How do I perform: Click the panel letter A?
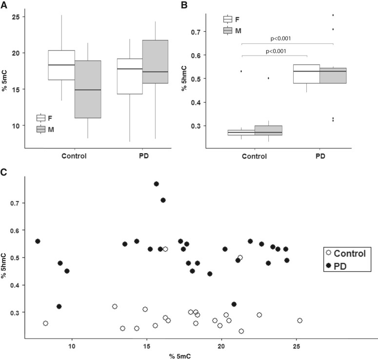click(4, 5)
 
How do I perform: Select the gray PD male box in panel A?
click(155, 61)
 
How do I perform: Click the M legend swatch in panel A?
click(41, 129)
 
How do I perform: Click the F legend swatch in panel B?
click(228, 20)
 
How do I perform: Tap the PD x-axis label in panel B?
click(319, 157)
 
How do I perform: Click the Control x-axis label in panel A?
click(74, 157)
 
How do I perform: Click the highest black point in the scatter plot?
click(157, 184)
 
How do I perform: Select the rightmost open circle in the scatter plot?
click(299, 320)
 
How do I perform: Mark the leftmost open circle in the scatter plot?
click(45, 323)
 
